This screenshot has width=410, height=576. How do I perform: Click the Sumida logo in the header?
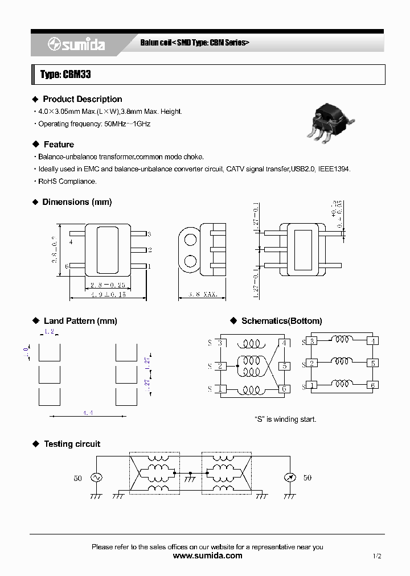click(x=76, y=44)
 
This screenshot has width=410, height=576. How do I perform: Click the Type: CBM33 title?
click(x=65, y=75)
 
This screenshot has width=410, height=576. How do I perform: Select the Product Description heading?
click(x=82, y=99)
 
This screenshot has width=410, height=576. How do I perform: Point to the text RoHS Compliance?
click(x=67, y=182)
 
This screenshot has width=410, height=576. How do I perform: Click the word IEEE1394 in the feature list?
click(x=334, y=169)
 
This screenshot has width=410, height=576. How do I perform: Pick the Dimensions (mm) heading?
click(x=77, y=202)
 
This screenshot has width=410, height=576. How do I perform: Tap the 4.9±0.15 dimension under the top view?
click(x=108, y=295)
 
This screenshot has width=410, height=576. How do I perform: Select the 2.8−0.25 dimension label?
click(x=108, y=285)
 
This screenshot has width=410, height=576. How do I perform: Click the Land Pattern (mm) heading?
click(x=80, y=321)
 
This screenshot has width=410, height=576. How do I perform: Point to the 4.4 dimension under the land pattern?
click(x=88, y=413)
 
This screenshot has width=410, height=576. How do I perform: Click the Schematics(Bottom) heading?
click(x=281, y=321)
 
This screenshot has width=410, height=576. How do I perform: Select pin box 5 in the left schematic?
click(x=284, y=366)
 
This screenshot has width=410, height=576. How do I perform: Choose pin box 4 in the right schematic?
click(x=372, y=341)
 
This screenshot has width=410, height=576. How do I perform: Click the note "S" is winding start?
click(x=285, y=419)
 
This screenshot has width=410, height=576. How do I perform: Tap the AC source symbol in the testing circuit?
click(x=95, y=478)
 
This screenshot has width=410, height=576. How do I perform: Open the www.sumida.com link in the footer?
click(x=207, y=556)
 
